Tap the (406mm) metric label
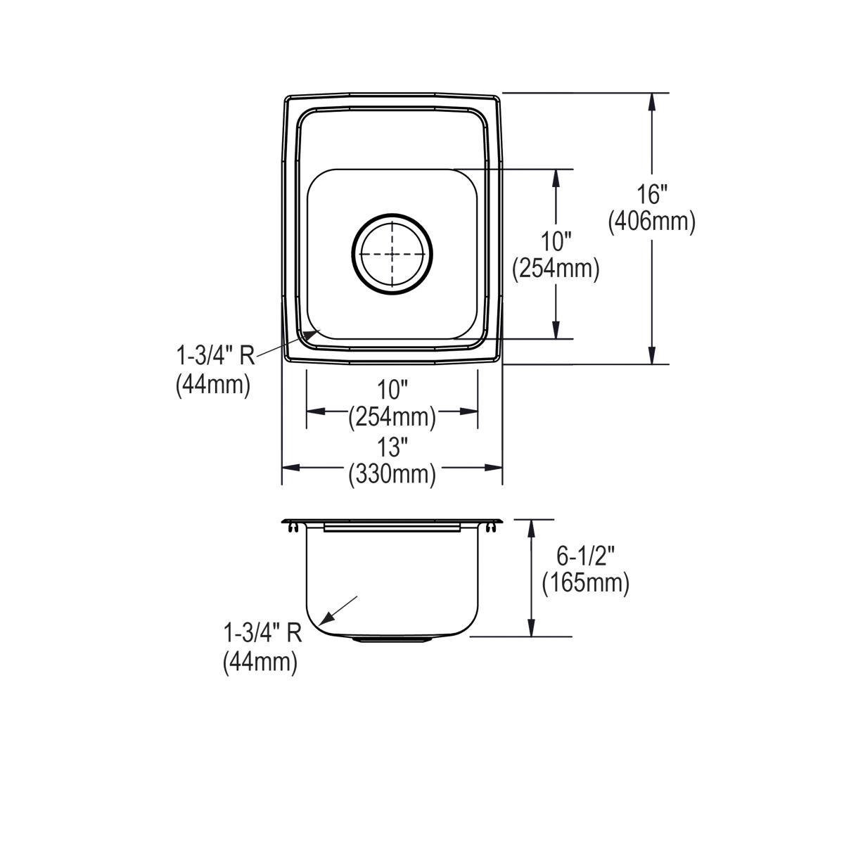point(651,222)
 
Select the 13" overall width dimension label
point(392,447)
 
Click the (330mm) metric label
point(392,475)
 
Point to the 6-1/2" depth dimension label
point(585,556)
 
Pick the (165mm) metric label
point(585,583)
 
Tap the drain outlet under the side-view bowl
point(392,639)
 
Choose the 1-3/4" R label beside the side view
point(262,634)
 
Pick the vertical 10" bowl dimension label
point(556,243)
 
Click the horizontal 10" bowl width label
point(392,389)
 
